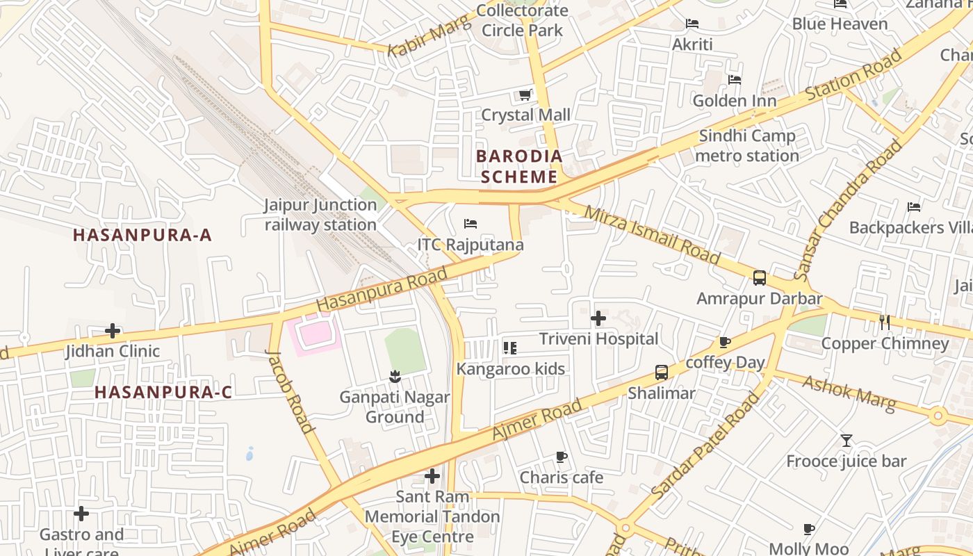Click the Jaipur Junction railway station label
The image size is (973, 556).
click(320, 215)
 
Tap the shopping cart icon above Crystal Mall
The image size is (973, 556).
click(525, 95)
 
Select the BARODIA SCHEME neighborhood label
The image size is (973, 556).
click(519, 166)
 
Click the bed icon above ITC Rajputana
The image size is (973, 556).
click(471, 224)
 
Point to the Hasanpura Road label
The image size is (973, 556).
click(381, 291)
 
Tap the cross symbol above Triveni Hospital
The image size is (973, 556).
click(598, 318)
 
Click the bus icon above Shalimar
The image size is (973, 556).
click(662, 373)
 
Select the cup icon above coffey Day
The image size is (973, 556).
click(725, 342)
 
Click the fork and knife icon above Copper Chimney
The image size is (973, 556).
click(885, 322)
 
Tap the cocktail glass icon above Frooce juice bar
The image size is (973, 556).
click(846, 440)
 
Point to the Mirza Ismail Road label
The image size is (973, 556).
click(652, 235)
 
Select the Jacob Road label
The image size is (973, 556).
click(290, 390)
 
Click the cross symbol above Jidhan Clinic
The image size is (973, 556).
click(113, 331)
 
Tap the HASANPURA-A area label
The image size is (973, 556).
click(142, 235)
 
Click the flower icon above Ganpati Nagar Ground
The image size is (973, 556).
click(395, 377)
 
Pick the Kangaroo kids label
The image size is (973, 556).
click(511, 368)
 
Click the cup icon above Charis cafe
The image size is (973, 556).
click(562, 457)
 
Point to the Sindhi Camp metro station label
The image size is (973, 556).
click(747, 145)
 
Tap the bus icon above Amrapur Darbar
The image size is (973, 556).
click(760, 278)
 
